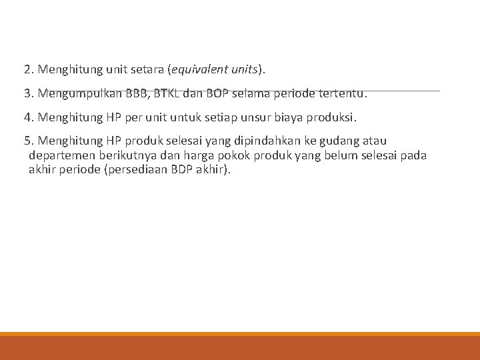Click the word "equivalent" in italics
click(199, 69)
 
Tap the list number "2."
click(29, 69)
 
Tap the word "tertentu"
click(339, 93)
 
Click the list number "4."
click(29, 117)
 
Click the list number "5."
click(29, 141)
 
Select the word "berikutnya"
click(130, 155)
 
